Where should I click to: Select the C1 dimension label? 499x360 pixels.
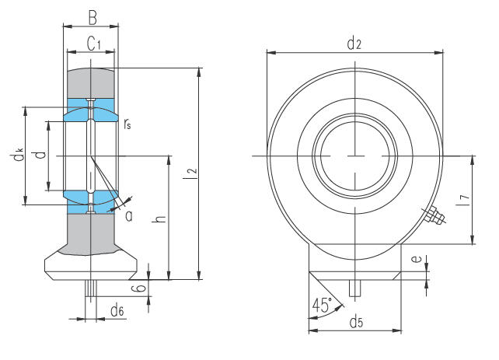coord(92,44)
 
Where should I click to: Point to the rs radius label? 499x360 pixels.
coord(127,122)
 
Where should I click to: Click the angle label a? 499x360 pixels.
coord(128,215)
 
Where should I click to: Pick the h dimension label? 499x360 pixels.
coord(159,220)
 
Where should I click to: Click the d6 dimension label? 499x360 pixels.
coord(117,311)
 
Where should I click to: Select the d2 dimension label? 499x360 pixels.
coord(354,44)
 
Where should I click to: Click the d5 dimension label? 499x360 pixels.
coord(355,320)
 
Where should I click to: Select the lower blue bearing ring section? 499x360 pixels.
coord(91,199)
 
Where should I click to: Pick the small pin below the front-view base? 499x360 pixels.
coord(355,288)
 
